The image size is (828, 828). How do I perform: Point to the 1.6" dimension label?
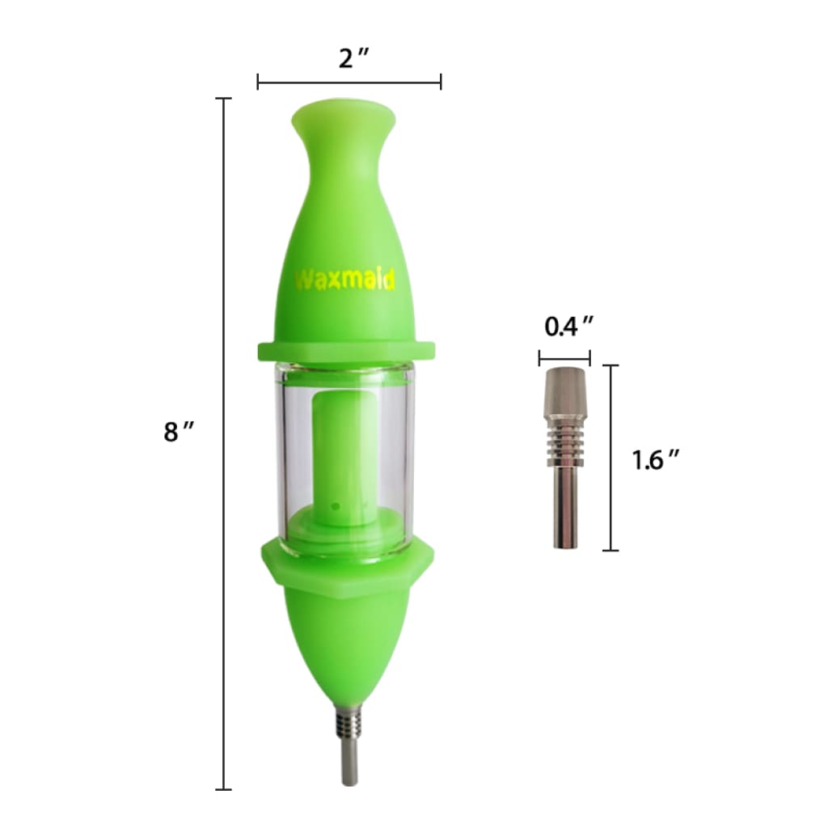[655, 460]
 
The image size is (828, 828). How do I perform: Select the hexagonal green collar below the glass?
[347, 563]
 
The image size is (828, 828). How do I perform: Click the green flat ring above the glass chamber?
[347, 350]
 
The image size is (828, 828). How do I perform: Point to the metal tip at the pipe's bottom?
[349, 744]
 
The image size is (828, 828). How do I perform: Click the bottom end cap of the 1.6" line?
[610, 551]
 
